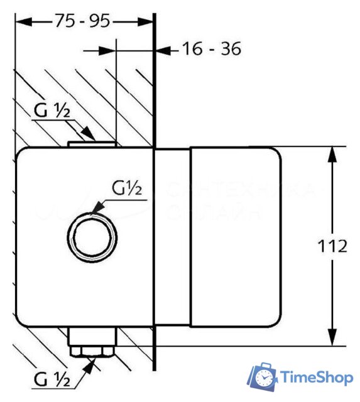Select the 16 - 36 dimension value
coord(211,48)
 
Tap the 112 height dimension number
coord(332,246)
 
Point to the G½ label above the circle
coord(129,188)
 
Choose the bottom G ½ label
coord(53,379)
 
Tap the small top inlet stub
coord(92,144)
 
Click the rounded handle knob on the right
coord(236,237)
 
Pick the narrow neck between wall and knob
coord(172,237)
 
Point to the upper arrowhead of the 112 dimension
coord(332,155)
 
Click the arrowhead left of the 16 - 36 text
coord(163,49)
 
